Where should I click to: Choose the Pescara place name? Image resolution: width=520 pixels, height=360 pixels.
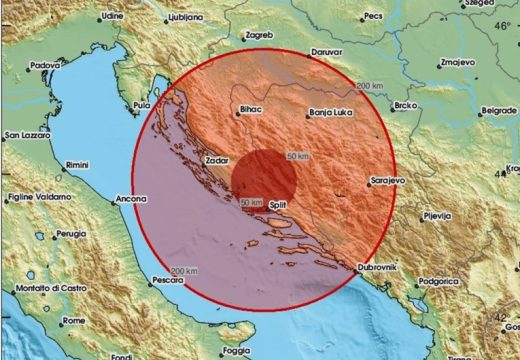[x=160, y=282]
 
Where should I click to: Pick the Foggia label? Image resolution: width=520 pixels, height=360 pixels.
[x=237, y=350]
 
